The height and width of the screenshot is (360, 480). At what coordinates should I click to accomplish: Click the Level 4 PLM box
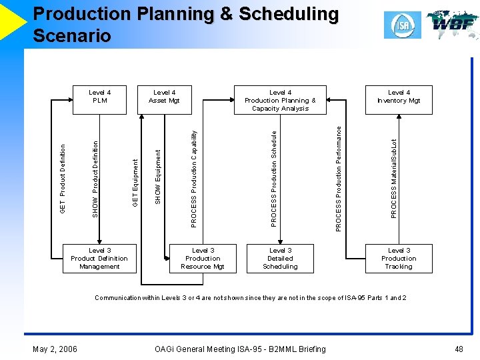pyautogui.click(x=99, y=97)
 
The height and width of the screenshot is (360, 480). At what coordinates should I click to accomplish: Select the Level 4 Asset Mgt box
pyautogui.click(x=165, y=97)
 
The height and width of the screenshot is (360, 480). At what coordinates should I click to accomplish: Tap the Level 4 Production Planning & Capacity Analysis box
pyautogui.click(x=280, y=100)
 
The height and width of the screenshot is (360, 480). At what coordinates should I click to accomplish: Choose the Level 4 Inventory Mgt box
pyautogui.click(x=399, y=97)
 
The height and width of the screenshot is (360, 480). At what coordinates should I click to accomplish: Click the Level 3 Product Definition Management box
pyautogui.click(x=99, y=259)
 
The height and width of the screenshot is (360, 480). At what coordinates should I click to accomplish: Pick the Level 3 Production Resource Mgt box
pyautogui.click(x=203, y=259)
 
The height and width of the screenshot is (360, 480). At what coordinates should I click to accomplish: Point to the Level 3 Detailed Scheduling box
pyautogui.click(x=280, y=259)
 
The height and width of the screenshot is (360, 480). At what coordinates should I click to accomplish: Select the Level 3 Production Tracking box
pyautogui.click(x=399, y=259)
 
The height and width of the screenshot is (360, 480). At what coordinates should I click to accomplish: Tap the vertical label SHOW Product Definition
pyautogui.click(x=95, y=178)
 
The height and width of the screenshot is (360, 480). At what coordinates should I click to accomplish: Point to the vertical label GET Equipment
pyautogui.click(x=135, y=182)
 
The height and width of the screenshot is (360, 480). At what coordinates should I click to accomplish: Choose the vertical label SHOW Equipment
pyautogui.click(x=158, y=177)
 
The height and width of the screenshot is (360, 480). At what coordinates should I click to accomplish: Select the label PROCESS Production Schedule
pyautogui.click(x=274, y=177)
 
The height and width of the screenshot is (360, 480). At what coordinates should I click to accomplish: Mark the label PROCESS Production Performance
pyautogui.click(x=339, y=179)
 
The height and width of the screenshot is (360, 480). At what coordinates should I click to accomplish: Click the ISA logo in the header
pyautogui.click(x=402, y=25)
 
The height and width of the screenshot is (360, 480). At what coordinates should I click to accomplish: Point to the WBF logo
pyautogui.click(x=452, y=24)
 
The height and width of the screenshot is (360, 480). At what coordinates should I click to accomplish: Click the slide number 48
pyautogui.click(x=459, y=349)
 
